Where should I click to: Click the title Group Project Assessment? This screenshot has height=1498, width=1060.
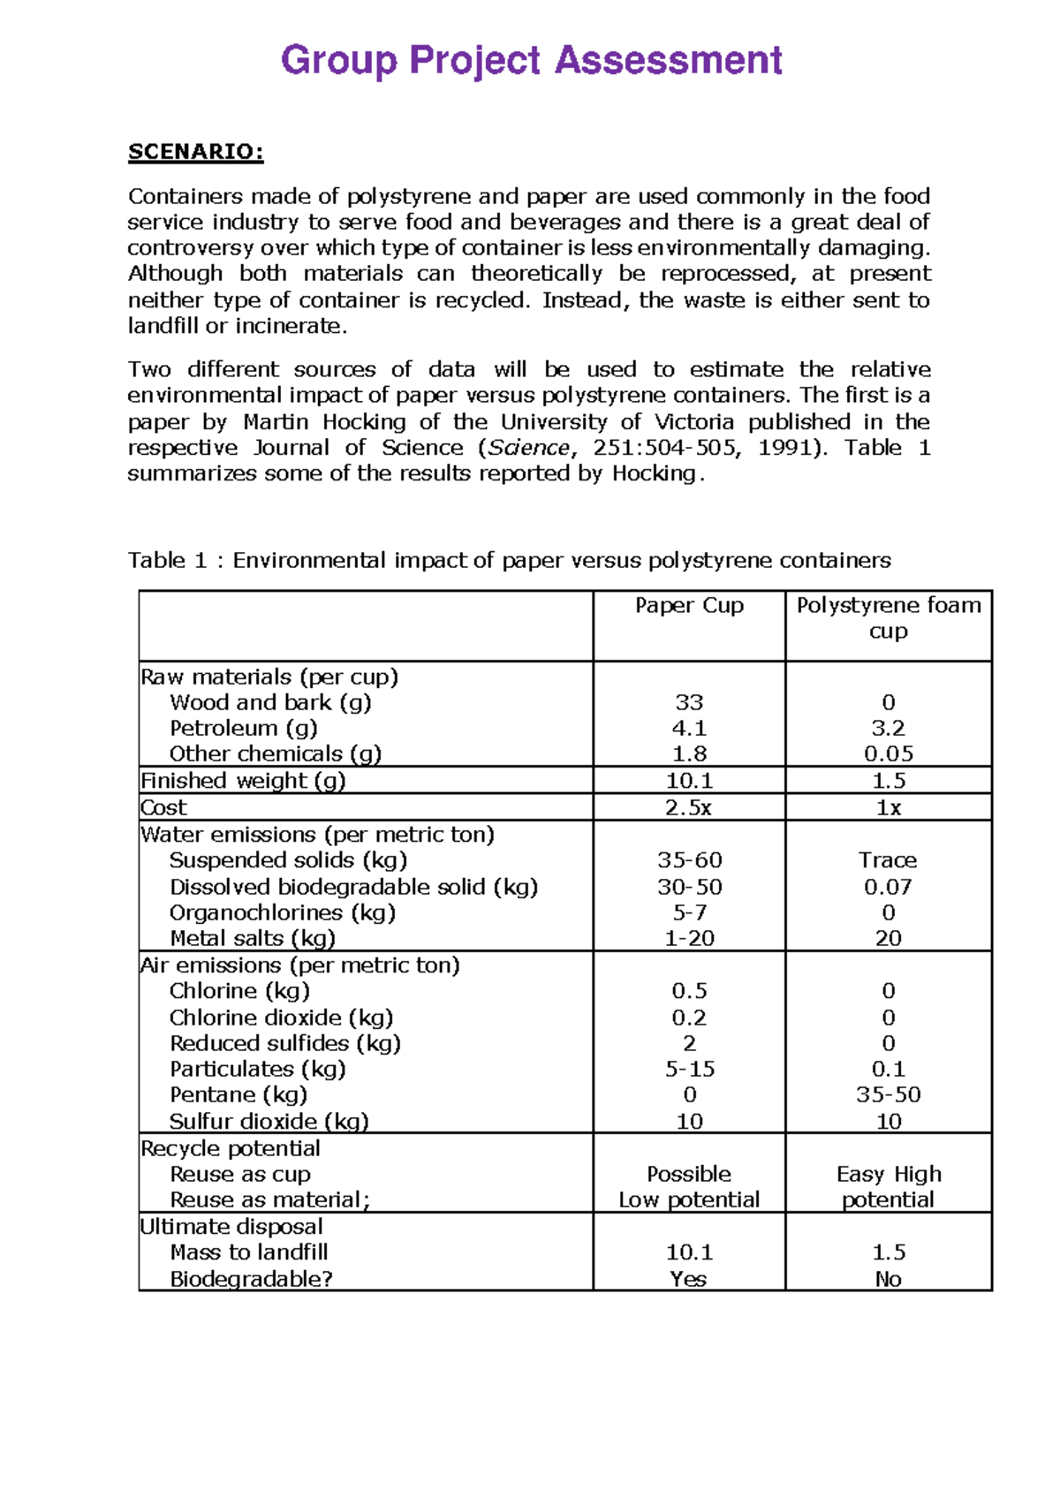coord(531,61)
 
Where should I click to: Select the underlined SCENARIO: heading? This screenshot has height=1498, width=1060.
coord(195,152)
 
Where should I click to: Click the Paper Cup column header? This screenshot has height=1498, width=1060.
coord(689,605)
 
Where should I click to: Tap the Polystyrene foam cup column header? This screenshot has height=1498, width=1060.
coord(888,617)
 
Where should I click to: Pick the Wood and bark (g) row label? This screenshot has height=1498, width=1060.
coord(270,702)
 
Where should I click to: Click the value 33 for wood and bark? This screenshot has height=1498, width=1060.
coord(689,702)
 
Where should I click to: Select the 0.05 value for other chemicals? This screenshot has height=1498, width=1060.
coord(888,753)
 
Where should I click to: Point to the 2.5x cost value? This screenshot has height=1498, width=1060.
coord(689,807)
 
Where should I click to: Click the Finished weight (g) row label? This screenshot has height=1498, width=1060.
coord(243,781)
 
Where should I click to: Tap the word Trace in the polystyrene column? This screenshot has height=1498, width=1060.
coord(888,860)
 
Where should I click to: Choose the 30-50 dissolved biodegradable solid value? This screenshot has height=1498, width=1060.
coord(689,887)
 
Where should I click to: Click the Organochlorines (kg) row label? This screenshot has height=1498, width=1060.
coord(283,912)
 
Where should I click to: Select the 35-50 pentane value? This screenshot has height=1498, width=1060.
coord(888,1095)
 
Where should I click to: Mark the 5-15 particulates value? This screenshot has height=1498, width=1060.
coord(689,1069)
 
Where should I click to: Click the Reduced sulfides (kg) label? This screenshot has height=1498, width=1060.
coord(285,1043)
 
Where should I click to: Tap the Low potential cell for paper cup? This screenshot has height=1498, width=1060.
coord(689,1199)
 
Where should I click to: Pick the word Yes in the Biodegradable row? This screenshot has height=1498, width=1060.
coord(688,1279)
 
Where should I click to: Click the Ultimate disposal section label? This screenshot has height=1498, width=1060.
coord(231,1226)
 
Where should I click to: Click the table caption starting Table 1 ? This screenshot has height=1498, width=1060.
coord(509,560)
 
